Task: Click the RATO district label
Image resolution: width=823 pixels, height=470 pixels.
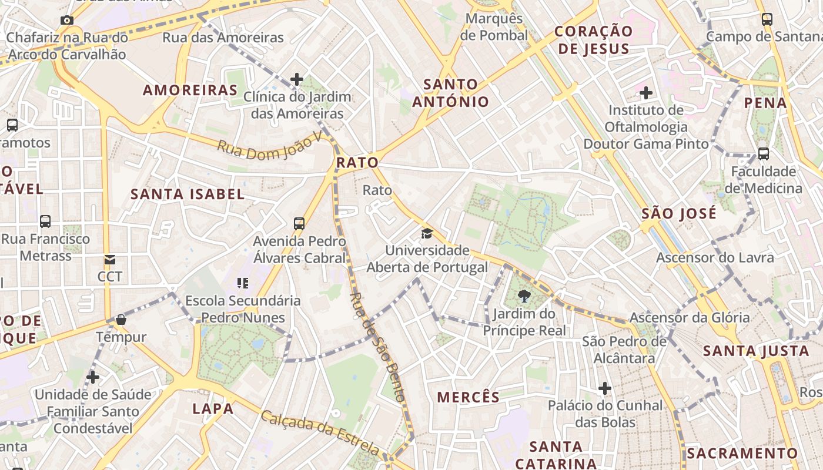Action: point(357,162)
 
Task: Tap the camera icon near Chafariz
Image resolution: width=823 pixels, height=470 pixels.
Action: point(67,21)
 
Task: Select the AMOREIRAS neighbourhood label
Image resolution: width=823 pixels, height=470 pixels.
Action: point(190,90)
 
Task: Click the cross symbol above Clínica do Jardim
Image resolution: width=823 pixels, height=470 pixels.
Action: point(297,79)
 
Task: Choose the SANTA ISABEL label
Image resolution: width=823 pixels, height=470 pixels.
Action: point(187,194)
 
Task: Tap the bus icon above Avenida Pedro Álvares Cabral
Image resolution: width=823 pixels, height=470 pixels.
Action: point(299,223)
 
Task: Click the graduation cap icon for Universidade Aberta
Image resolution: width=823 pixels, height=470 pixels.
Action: point(427,234)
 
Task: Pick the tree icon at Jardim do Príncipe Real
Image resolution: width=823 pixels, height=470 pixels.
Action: point(524,297)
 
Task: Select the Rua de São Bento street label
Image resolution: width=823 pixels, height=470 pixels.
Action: point(378,347)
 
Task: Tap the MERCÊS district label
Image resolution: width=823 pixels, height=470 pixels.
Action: point(468,397)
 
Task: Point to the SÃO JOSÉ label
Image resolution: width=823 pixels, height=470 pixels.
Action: point(679,213)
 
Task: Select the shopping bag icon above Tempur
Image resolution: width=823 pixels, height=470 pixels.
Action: point(121,320)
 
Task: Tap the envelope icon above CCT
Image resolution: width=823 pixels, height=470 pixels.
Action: point(110,259)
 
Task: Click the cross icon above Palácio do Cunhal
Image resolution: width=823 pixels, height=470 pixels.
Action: point(605,388)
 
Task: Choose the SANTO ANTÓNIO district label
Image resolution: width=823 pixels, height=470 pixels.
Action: point(450,93)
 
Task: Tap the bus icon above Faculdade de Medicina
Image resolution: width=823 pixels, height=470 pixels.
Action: point(763,154)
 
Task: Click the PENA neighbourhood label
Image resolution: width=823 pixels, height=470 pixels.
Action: point(765,103)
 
